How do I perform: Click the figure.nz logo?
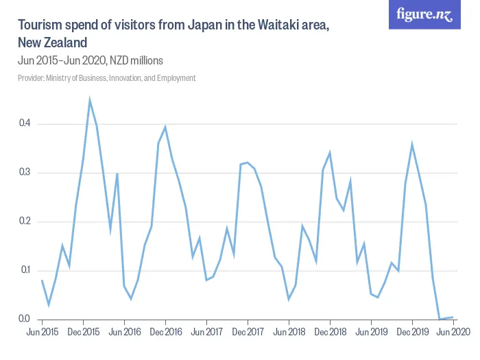pyautogui.click(x=424, y=15)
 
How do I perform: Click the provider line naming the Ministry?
pyautogui.click(x=106, y=78)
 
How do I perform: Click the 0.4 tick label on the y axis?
pyautogui.click(x=25, y=123)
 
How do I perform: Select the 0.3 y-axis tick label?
pyautogui.click(x=25, y=172)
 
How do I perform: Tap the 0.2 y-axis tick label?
pyautogui.click(x=25, y=221)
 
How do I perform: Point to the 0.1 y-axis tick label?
pyautogui.click(x=25, y=270)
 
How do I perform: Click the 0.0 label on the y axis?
pyautogui.click(x=25, y=319)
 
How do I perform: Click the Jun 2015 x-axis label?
pyautogui.click(x=42, y=332)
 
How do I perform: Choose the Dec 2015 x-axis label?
pyautogui.click(x=83, y=332)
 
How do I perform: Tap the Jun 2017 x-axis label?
pyautogui.click(x=206, y=332)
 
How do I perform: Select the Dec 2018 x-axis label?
pyautogui.click(x=330, y=332)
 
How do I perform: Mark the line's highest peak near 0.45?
pyautogui.click(x=90, y=100)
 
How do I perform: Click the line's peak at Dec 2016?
pyautogui.click(x=165, y=127)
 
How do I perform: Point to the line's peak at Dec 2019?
pyautogui.click(x=412, y=144)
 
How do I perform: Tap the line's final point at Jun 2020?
pyautogui.click(x=453, y=317)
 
